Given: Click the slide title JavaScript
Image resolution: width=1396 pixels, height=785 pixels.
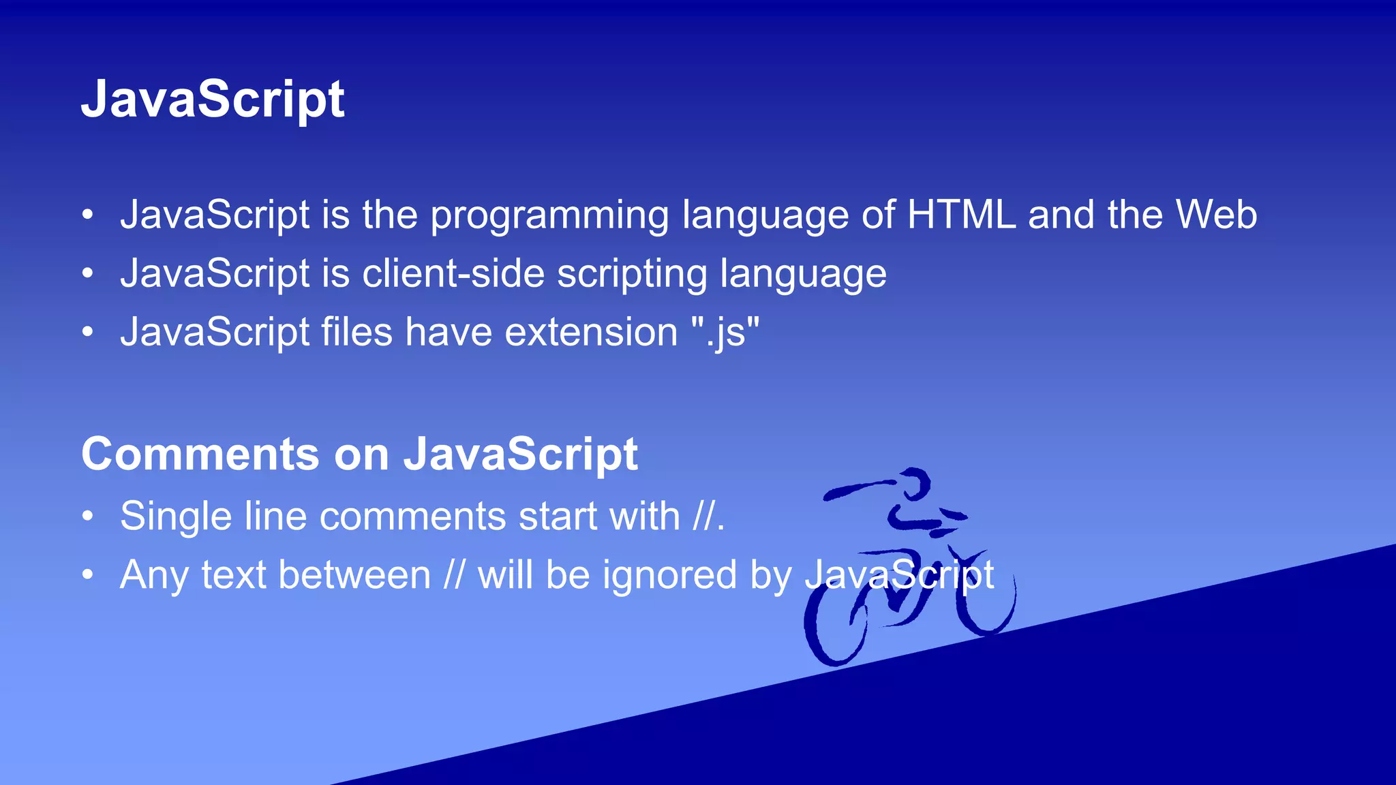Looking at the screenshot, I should click(213, 99).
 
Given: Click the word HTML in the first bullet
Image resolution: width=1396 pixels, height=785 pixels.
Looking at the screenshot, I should click(961, 215).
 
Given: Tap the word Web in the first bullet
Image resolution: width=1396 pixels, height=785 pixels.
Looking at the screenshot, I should click(1216, 215).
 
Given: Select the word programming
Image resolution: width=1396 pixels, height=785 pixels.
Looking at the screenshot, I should click(549, 217).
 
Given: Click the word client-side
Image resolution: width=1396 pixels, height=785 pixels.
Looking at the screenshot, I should click(453, 274).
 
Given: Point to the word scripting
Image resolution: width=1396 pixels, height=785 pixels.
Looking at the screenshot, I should click(632, 275).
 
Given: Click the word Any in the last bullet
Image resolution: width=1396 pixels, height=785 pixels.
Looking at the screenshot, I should click(154, 576).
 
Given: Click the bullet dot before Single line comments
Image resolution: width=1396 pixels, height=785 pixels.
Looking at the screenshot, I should click(87, 517).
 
